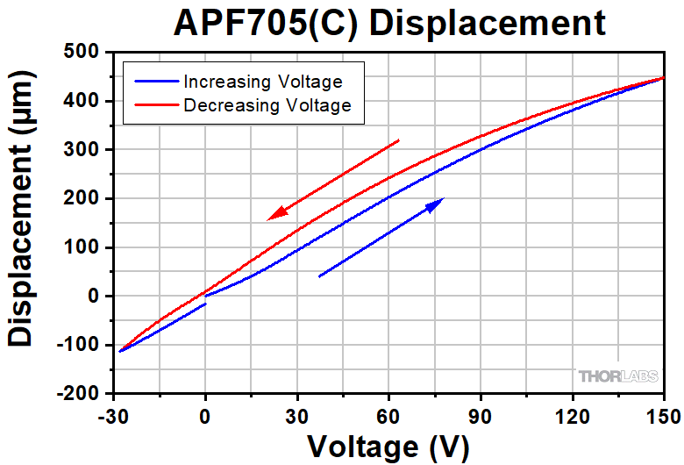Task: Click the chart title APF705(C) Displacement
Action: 389,22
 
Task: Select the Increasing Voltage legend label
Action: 262,82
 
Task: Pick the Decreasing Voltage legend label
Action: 267,105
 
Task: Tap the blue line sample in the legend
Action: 154,82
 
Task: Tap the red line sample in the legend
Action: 154,105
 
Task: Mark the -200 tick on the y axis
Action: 80,394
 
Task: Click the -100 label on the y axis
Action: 80,345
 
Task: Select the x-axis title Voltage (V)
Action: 388,447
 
